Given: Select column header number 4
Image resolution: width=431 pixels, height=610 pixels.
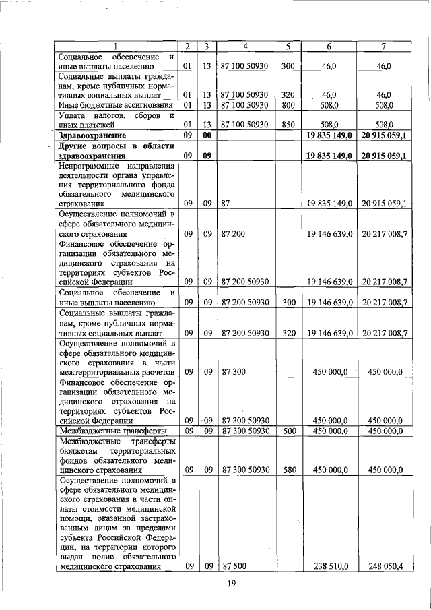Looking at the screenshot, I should [x=245, y=47].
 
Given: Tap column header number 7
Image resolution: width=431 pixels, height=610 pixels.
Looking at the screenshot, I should [x=383, y=47].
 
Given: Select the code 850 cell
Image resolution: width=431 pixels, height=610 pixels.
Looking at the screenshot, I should [x=288, y=124].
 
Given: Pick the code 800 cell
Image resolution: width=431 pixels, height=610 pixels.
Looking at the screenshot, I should [x=288, y=105].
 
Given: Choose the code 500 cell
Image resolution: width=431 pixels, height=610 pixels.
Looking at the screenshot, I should [x=288, y=430].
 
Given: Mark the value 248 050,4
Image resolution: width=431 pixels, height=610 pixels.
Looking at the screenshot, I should [x=385, y=566].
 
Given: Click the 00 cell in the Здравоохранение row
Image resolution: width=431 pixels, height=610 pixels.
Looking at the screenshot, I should [x=208, y=135].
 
